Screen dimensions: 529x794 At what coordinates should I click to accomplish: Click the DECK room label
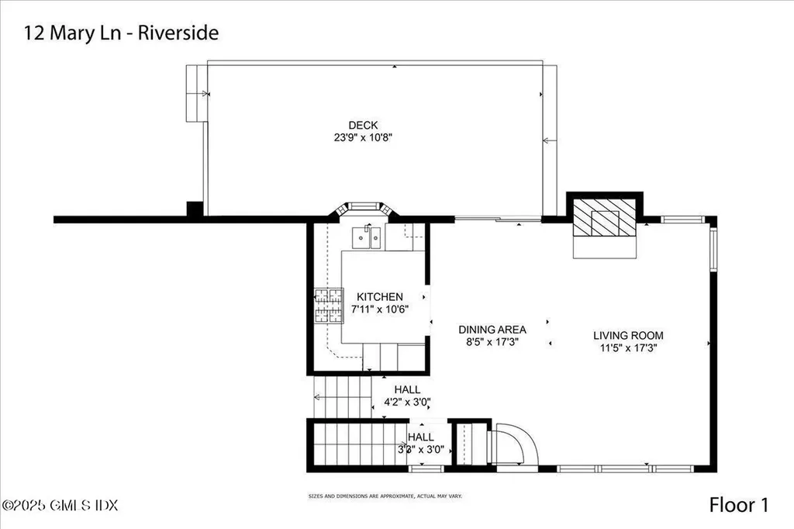[x=364, y=125]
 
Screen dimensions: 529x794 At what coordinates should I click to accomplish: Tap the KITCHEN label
[x=379, y=296]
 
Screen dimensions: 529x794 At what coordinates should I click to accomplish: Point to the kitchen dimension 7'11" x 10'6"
[x=379, y=309]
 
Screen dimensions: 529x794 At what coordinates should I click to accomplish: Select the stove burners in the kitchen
[x=328, y=306]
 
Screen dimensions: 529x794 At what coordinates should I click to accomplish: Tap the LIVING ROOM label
[x=628, y=335]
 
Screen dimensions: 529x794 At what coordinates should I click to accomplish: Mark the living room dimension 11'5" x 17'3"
[x=628, y=347]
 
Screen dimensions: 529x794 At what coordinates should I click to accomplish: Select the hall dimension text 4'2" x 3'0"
[x=407, y=402]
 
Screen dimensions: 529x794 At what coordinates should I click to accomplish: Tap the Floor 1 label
[x=738, y=505]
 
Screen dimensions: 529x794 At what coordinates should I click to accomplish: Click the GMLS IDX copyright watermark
[x=60, y=505]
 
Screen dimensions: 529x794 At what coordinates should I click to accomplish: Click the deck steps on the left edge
[x=195, y=93]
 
